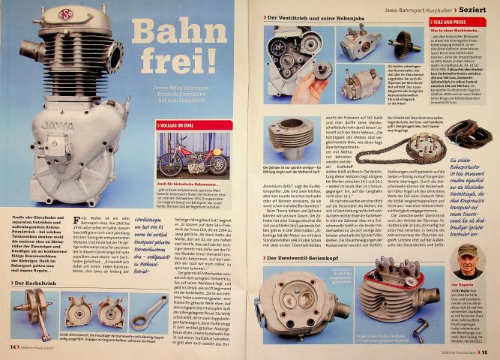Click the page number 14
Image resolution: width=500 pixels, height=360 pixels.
tap(13, 346)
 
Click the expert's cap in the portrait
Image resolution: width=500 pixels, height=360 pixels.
tap(469, 250)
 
